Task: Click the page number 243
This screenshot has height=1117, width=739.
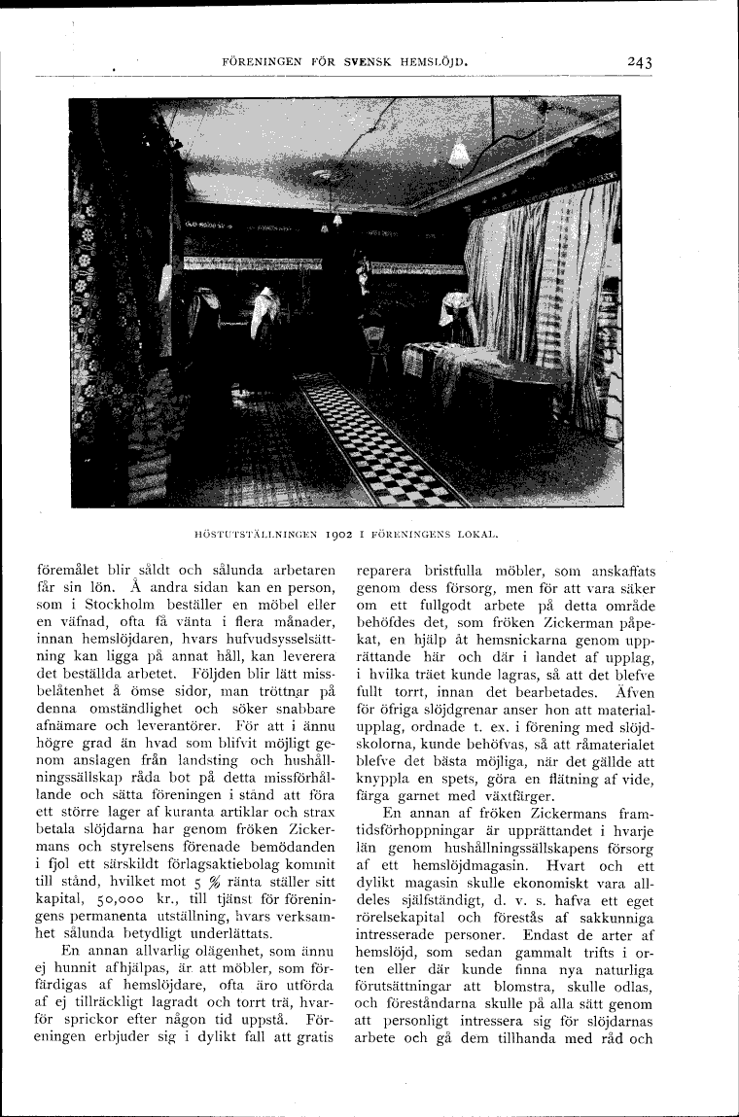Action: click(x=639, y=64)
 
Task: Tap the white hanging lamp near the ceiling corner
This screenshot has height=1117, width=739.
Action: click(x=459, y=154)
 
